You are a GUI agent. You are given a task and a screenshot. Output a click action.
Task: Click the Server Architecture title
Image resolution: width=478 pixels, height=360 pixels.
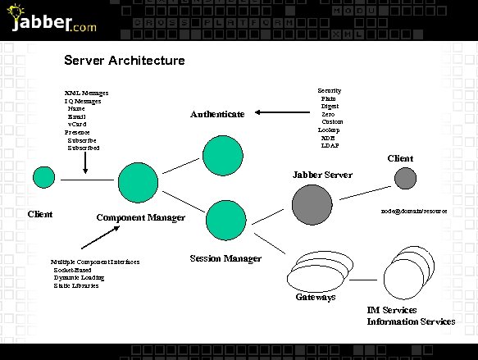[x=125, y=61]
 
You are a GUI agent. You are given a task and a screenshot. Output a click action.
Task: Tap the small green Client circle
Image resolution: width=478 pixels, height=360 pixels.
[x=43, y=177]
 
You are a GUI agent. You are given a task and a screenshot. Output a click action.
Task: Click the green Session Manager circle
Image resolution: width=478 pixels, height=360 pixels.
[x=226, y=219]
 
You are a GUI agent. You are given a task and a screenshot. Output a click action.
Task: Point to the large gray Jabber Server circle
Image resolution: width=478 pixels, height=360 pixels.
[x=312, y=204]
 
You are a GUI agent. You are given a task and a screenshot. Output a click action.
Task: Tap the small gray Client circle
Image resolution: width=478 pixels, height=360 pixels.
[x=405, y=178]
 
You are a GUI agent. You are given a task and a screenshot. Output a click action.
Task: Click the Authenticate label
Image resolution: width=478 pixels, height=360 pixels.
[x=217, y=115]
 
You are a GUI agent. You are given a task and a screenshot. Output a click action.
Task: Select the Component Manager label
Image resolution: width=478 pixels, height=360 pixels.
[x=141, y=218]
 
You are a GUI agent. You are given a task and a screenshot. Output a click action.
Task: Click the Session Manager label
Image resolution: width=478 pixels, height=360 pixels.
[x=225, y=259]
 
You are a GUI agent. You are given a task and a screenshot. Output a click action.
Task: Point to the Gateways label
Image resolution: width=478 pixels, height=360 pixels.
[x=316, y=297]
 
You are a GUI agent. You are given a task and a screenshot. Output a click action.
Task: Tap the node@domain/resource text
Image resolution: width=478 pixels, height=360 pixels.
[x=414, y=211]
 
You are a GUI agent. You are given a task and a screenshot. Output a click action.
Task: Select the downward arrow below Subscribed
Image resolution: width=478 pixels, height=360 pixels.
[x=85, y=163]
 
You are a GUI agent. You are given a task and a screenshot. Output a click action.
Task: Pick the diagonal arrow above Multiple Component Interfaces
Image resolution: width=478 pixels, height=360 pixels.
[x=99, y=237]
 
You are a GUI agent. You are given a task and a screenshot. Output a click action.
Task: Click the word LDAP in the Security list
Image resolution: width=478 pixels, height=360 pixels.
[x=329, y=145]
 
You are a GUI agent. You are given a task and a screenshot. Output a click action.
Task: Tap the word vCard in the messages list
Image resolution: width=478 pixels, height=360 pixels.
[x=77, y=124]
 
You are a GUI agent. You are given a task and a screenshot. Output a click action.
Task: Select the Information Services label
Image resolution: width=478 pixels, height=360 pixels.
[x=411, y=321]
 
